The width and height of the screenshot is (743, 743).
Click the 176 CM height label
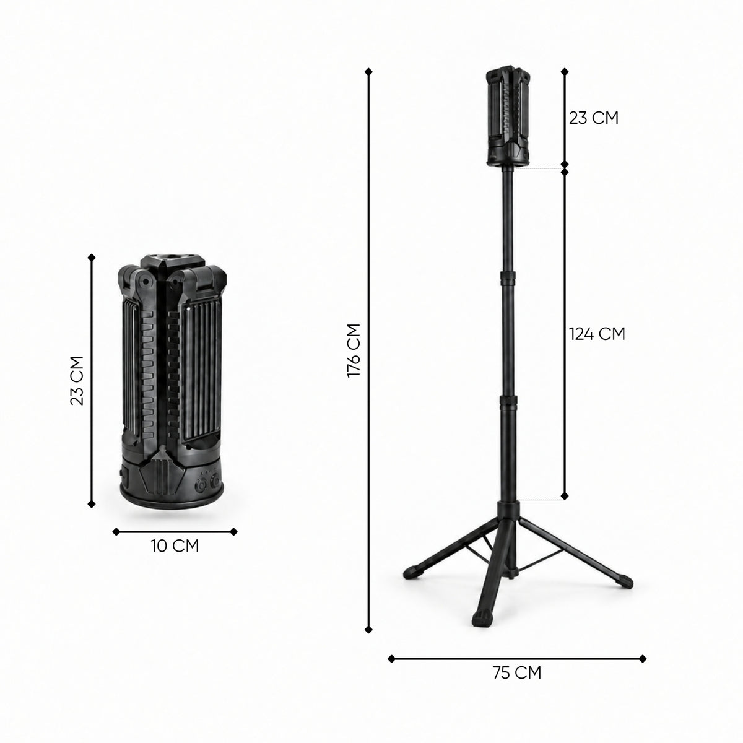point(354,350)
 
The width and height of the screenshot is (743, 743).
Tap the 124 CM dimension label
point(597,334)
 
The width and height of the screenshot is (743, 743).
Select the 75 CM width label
point(516,673)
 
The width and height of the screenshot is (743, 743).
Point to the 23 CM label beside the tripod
point(594,118)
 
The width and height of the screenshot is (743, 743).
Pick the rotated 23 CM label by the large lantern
point(77,381)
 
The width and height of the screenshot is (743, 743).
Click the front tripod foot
point(482,619)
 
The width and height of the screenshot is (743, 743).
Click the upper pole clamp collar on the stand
point(508,277)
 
